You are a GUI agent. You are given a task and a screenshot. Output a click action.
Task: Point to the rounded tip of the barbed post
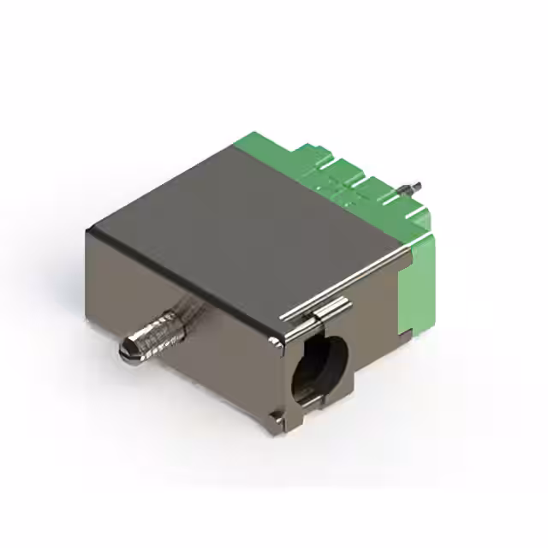[125, 349]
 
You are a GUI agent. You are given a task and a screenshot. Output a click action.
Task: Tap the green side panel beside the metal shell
[420, 283]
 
